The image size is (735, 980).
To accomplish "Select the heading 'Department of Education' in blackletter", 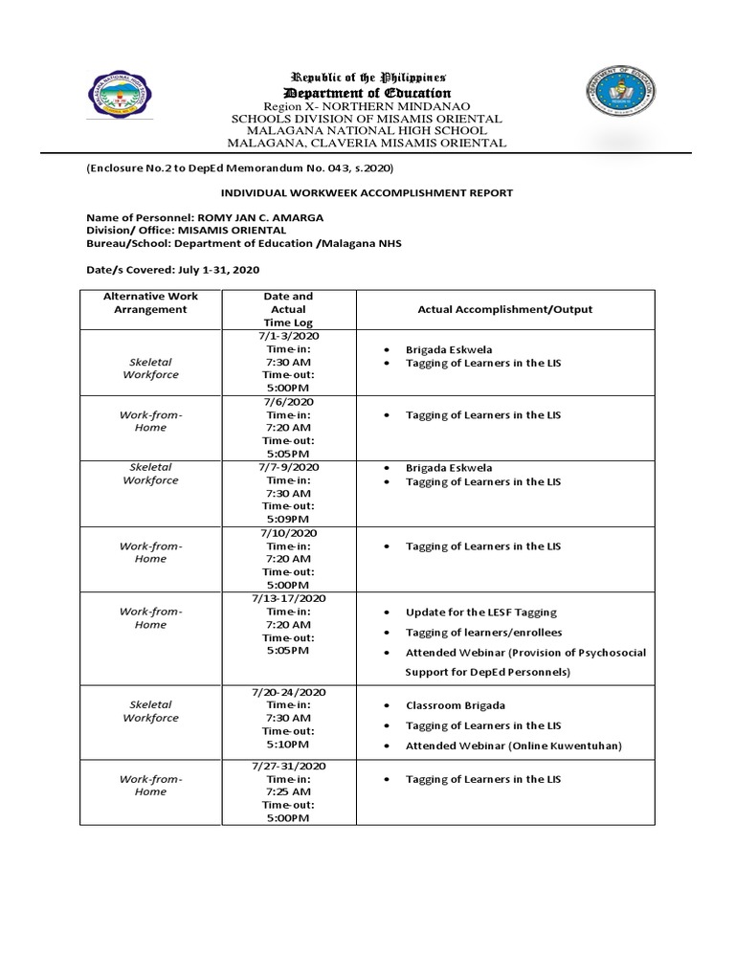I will coord(368,92).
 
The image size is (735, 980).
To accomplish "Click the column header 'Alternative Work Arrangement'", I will coord(150,303).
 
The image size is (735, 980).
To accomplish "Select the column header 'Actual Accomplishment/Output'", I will coord(504,309).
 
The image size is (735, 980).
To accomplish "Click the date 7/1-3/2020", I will coord(288,337).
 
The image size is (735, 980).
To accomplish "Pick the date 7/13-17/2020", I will coord(288,598).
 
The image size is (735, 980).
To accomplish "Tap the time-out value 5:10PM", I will coord(288,744).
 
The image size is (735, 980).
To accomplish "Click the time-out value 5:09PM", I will coord(288,519).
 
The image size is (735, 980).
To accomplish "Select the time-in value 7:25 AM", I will coord(288,792).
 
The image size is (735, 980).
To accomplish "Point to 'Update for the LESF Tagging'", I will coord(480,612).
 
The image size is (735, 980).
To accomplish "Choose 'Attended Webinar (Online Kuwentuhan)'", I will coord(513,746).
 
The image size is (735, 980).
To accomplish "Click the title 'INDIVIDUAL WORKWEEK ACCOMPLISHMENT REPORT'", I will coord(368,192).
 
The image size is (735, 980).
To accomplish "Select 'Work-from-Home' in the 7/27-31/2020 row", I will coord(150,786).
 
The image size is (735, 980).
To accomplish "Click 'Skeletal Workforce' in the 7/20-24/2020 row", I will coord(150,711).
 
